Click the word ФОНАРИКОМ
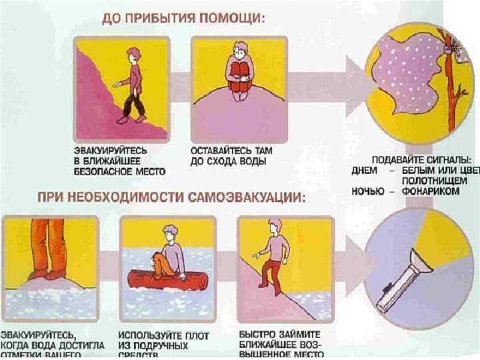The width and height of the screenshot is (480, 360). point(437,191)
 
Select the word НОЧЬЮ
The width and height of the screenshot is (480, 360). point(368,191)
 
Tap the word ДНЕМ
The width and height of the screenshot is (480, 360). point(366,170)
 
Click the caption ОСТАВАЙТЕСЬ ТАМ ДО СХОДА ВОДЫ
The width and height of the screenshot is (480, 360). point(231,157)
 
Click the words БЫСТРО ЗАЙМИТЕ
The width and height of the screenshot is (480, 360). point(280,334)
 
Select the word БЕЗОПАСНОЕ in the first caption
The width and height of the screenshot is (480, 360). point(99,171)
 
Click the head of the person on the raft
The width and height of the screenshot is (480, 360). point(169,233)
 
